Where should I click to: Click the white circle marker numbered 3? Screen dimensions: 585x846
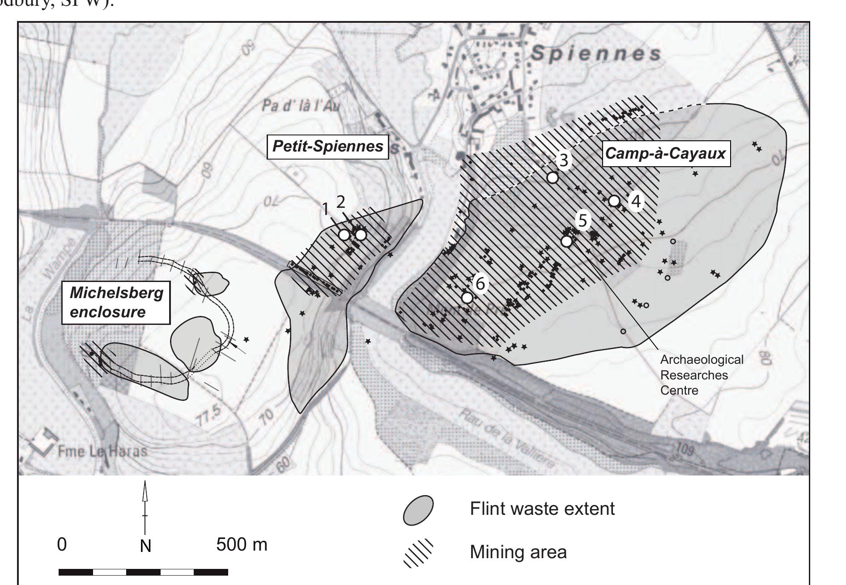tap(553, 177)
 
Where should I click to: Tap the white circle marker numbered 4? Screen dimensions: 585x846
tap(614, 201)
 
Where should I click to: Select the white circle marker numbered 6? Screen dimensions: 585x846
tap(467, 297)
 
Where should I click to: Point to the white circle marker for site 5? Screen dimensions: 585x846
tap(566, 241)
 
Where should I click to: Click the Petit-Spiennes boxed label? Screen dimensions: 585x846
tap(327, 146)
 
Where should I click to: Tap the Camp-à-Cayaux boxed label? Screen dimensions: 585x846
tap(666, 154)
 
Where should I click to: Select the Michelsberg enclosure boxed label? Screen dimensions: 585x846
tap(116, 302)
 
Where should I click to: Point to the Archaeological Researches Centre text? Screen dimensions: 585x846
tap(701, 375)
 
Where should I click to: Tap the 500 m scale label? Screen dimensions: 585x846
tap(242, 545)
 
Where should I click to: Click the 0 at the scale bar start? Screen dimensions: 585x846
tap(62, 545)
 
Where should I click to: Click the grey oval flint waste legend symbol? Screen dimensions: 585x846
tap(418, 510)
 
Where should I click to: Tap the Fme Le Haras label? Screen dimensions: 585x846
tap(102, 450)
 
